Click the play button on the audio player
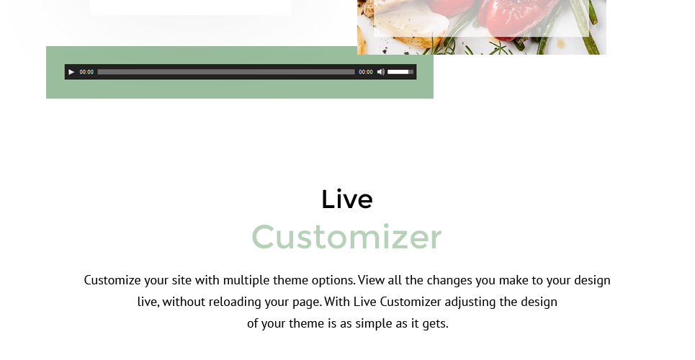click(x=71, y=72)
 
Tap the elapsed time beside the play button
click(x=86, y=72)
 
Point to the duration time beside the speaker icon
click(x=366, y=72)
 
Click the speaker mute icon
click(x=381, y=72)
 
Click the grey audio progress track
click(x=226, y=72)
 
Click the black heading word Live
click(x=347, y=199)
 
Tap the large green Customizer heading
click(x=346, y=237)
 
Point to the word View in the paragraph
click(x=371, y=280)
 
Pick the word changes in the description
click(x=449, y=281)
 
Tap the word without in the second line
click(x=184, y=302)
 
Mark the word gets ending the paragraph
click(x=435, y=324)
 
